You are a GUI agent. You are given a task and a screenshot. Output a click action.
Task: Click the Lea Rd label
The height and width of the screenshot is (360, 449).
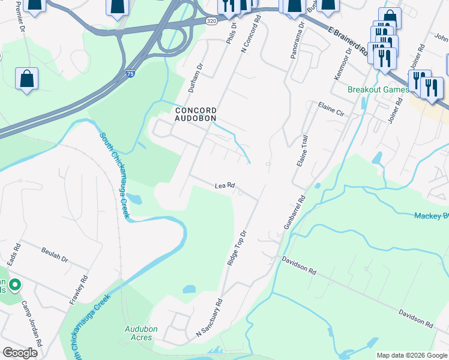(x=224, y=186)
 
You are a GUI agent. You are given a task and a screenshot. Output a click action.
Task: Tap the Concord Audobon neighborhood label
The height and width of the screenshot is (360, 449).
(x=195, y=114)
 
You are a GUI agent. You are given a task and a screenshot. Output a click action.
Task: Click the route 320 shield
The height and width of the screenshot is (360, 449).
(x=211, y=20)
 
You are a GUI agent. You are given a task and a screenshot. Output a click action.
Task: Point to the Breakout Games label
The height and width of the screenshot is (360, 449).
(x=378, y=90)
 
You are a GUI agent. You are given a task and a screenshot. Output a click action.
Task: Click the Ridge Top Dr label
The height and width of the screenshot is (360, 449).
(x=235, y=248)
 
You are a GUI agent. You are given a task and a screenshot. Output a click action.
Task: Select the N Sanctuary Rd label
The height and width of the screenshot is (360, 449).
(x=209, y=317)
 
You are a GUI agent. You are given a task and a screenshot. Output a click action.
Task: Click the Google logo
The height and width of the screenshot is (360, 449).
(x=20, y=353)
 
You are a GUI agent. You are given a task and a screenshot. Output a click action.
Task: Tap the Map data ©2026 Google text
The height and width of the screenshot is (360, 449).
(x=412, y=355)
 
